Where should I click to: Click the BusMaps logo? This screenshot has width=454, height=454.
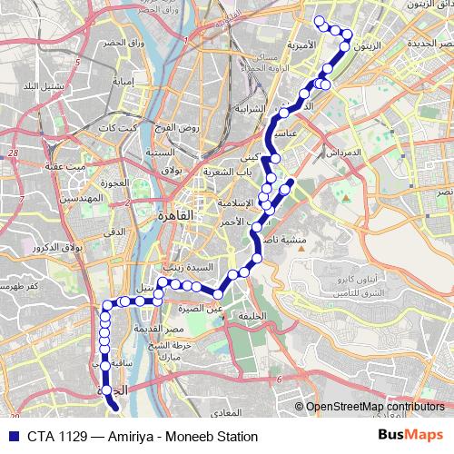pos(409,436)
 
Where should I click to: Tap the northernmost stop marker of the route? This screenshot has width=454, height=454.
pos(319,21)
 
